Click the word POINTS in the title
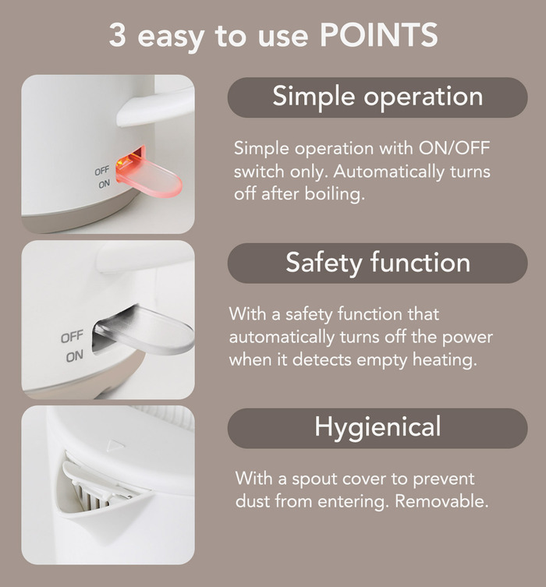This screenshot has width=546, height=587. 378,34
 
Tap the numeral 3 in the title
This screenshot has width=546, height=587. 117,35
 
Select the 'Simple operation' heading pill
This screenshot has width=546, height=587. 378,97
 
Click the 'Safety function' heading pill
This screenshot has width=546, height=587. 378,263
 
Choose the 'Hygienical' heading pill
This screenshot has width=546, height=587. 378,428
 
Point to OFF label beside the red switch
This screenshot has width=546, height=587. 102,171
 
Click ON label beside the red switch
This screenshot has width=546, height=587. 104,184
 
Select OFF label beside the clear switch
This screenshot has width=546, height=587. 72,337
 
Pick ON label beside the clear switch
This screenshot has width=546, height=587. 75,357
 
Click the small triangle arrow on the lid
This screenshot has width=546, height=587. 115,445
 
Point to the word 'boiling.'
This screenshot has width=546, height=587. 335,194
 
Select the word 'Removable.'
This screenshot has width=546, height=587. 442,501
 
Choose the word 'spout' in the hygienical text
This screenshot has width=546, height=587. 313,479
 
